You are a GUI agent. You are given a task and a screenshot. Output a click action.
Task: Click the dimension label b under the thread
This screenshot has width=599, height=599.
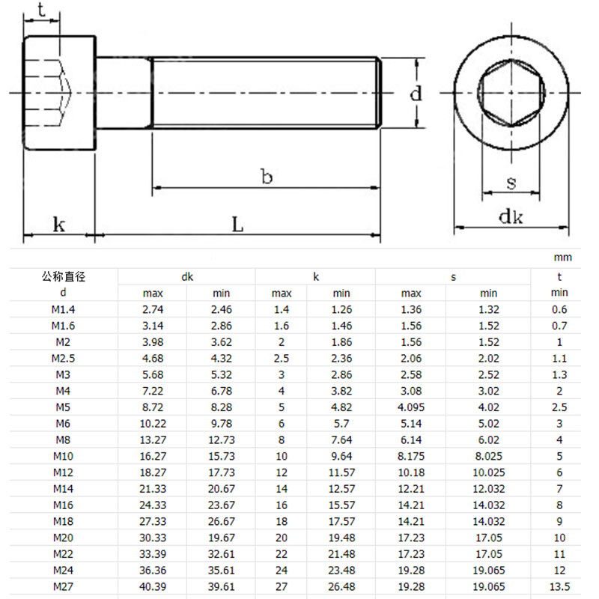(267, 177)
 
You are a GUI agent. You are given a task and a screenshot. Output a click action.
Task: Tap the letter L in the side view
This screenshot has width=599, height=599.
(237, 223)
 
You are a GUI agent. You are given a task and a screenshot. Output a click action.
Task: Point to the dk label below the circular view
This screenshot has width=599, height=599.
(511, 217)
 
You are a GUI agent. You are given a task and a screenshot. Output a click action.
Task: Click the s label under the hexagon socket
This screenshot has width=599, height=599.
(511, 182)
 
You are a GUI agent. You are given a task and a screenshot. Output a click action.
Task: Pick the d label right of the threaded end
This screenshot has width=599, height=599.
(416, 94)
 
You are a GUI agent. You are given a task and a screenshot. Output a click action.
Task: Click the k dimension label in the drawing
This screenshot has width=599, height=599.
(58, 223)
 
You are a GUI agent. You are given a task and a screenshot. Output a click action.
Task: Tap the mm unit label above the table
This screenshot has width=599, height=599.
(562, 258)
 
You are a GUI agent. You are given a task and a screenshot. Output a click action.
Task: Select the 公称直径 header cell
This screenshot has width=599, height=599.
(64, 277)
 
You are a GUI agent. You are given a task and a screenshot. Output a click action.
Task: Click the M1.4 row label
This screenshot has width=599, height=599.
(64, 309)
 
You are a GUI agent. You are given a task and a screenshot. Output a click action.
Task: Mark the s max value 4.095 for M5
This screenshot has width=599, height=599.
(411, 407)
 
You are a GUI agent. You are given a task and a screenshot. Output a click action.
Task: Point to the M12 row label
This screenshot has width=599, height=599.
(64, 472)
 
